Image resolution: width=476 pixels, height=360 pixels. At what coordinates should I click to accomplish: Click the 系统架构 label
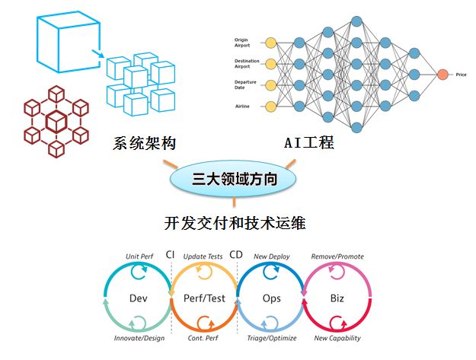(x=144, y=142)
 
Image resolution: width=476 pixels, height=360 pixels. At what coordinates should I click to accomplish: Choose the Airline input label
(x=241, y=106)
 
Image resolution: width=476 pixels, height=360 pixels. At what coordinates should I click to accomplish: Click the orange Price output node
(x=442, y=74)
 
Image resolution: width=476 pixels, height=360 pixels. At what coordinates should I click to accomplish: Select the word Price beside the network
(x=461, y=74)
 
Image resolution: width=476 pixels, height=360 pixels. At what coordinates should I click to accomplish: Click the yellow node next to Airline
(x=270, y=106)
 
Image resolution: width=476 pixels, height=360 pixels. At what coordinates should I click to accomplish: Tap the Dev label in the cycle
(x=138, y=298)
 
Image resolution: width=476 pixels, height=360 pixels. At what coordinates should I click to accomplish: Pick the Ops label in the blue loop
(x=272, y=298)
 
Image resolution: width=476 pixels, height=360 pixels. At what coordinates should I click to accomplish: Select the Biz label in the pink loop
(x=337, y=298)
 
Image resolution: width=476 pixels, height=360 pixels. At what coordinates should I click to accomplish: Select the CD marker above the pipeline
(x=237, y=255)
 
